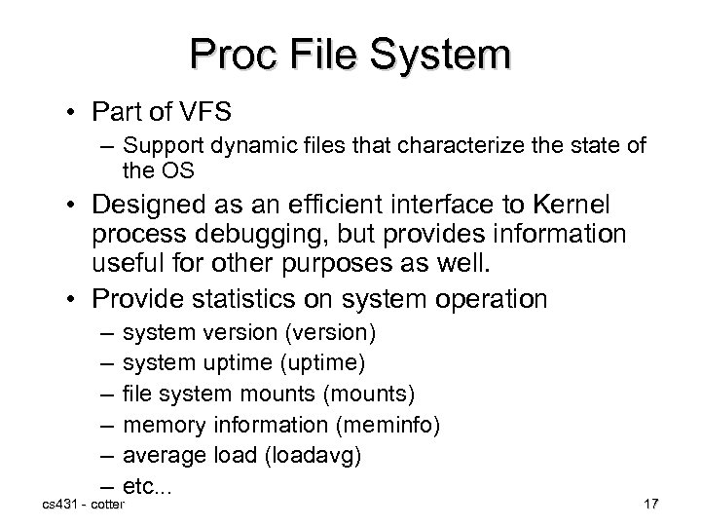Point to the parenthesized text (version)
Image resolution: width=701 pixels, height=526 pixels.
pos(331,333)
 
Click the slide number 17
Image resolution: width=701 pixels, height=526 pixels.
pos(651,505)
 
